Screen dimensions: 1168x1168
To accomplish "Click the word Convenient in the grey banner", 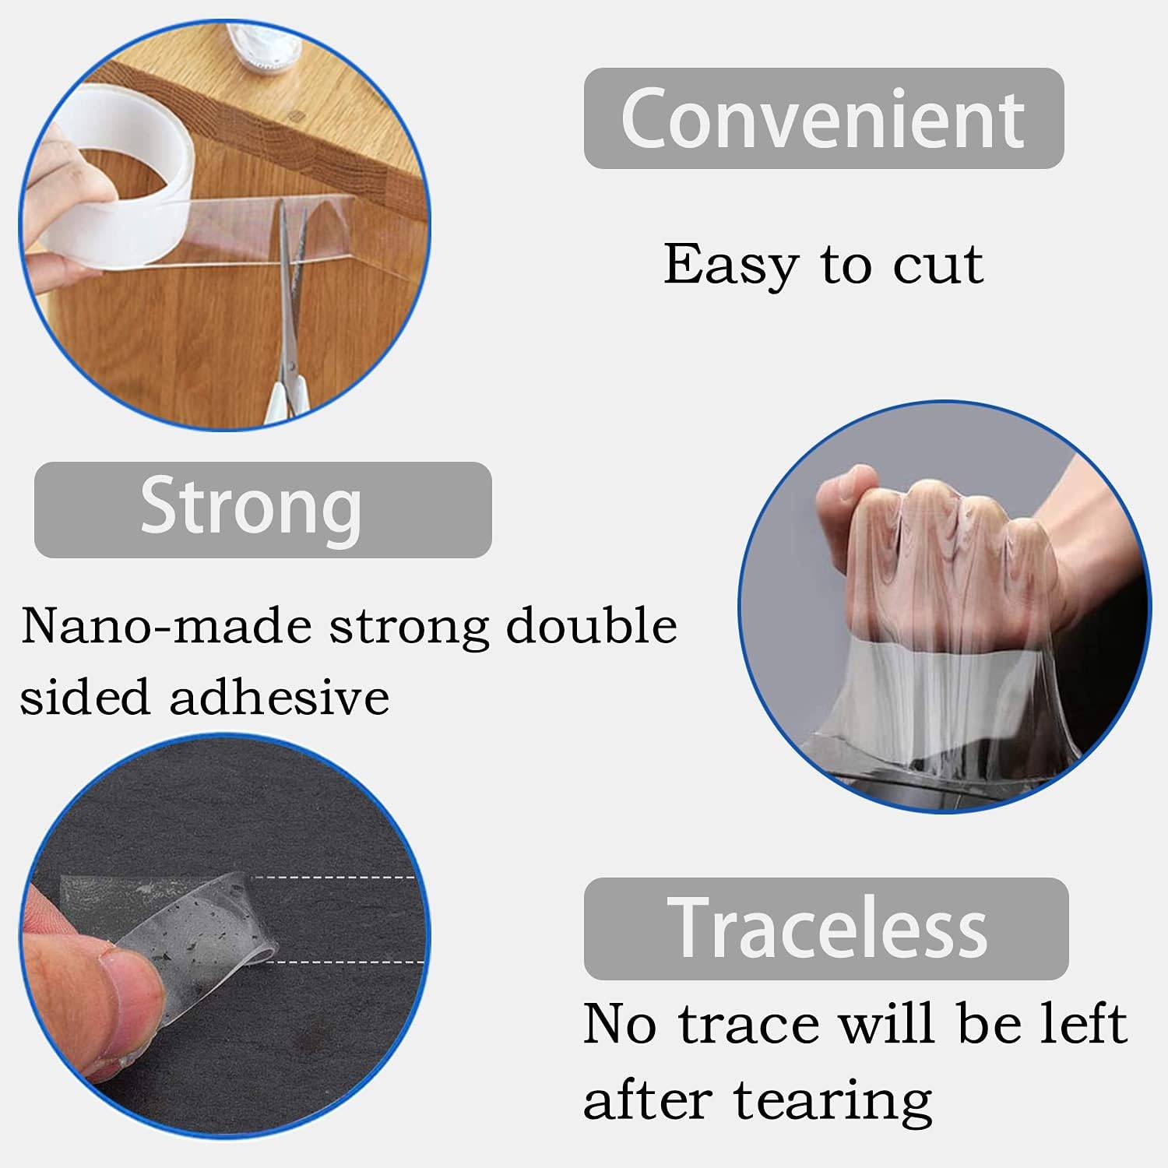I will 823,118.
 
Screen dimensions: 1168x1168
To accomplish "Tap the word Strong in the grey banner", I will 251,508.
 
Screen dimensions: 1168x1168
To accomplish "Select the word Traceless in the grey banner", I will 828,927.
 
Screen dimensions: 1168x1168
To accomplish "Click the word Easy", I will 730,266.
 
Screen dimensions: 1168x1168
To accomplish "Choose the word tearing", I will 832,1101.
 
